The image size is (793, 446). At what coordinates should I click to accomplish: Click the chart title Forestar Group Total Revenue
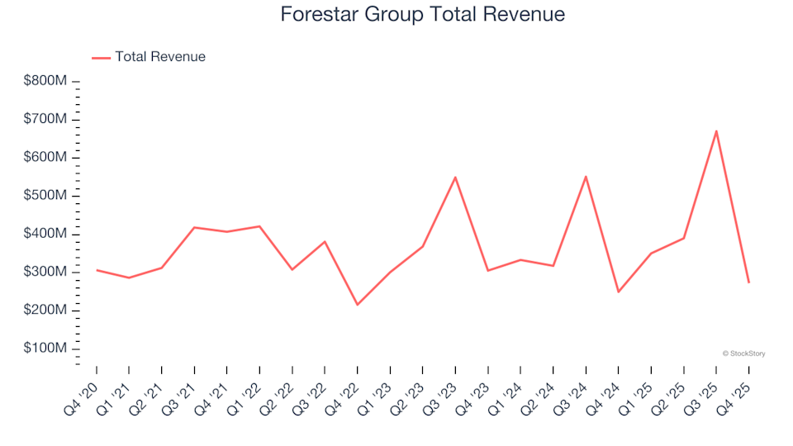coord(422,14)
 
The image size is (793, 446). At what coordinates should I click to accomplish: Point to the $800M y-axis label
coord(46,81)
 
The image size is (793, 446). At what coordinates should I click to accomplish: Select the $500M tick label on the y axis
coord(46,196)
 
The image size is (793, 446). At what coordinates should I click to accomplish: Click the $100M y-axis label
coord(46,349)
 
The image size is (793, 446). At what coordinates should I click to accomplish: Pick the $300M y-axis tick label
coord(46,273)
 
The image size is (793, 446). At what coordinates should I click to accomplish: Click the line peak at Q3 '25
coord(716,130)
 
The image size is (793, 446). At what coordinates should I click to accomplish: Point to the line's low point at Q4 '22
coord(357,305)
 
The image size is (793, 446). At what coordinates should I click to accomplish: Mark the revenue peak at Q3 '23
coord(455,177)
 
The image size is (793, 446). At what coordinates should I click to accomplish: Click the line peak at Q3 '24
coord(586,177)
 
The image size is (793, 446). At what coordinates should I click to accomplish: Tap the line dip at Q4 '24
coord(618,292)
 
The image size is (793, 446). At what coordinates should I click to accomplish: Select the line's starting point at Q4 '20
coord(97,270)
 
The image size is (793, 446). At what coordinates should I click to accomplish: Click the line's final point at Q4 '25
coord(748,282)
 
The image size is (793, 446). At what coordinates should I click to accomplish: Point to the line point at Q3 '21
coord(194,227)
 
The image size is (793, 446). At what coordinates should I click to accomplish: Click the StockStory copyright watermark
coord(743,353)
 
